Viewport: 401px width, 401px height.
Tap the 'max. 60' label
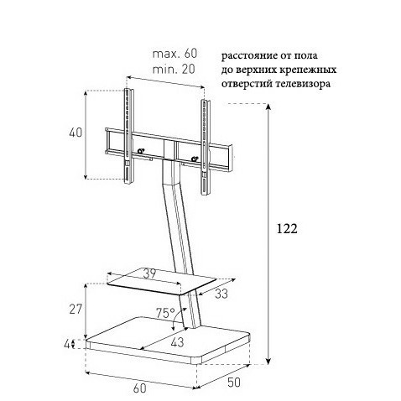pyautogui.click(x=174, y=54)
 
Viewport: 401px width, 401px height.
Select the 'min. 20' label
pyautogui.click(x=174, y=69)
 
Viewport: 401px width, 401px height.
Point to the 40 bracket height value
pyautogui.click(x=76, y=133)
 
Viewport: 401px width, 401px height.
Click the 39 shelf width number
pyautogui.click(x=149, y=274)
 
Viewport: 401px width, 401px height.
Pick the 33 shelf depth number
pyautogui.click(x=221, y=294)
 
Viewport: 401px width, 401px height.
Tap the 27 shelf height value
pyautogui.click(x=76, y=310)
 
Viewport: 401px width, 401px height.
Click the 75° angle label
pyautogui.click(x=165, y=313)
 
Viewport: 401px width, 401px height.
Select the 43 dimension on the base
pyautogui.click(x=177, y=342)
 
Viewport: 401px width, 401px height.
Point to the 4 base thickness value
pyautogui.click(x=67, y=344)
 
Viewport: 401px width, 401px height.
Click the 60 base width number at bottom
pyautogui.click(x=139, y=388)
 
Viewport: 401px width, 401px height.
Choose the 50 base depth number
pyautogui.click(x=234, y=383)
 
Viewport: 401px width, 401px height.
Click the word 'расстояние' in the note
pyautogui.click(x=249, y=56)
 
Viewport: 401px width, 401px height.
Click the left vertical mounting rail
pyautogui.click(x=129, y=136)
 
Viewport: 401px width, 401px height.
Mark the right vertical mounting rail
pyautogui.click(x=205, y=147)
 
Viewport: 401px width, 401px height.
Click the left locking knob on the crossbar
pyautogui.click(x=141, y=151)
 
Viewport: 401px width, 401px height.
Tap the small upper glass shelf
pyautogui.click(x=162, y=282)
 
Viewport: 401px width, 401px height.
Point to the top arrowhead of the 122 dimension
pyautogui.click(x=268, y=107)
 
